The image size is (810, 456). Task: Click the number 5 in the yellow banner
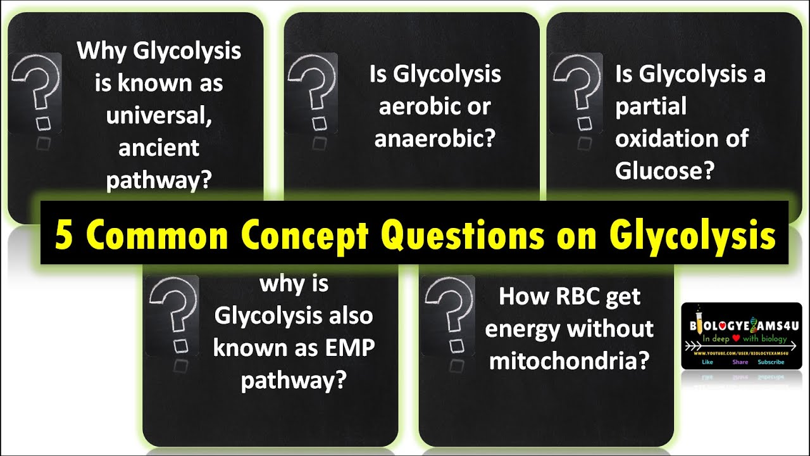click(63, 235)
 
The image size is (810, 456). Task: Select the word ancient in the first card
click(159, 148)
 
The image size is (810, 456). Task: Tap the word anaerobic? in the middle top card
click(433, 139)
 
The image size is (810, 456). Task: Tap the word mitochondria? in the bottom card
click(570, 361)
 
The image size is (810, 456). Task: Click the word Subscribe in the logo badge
click(771, 362)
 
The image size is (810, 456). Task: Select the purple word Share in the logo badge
click(740, 362)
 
